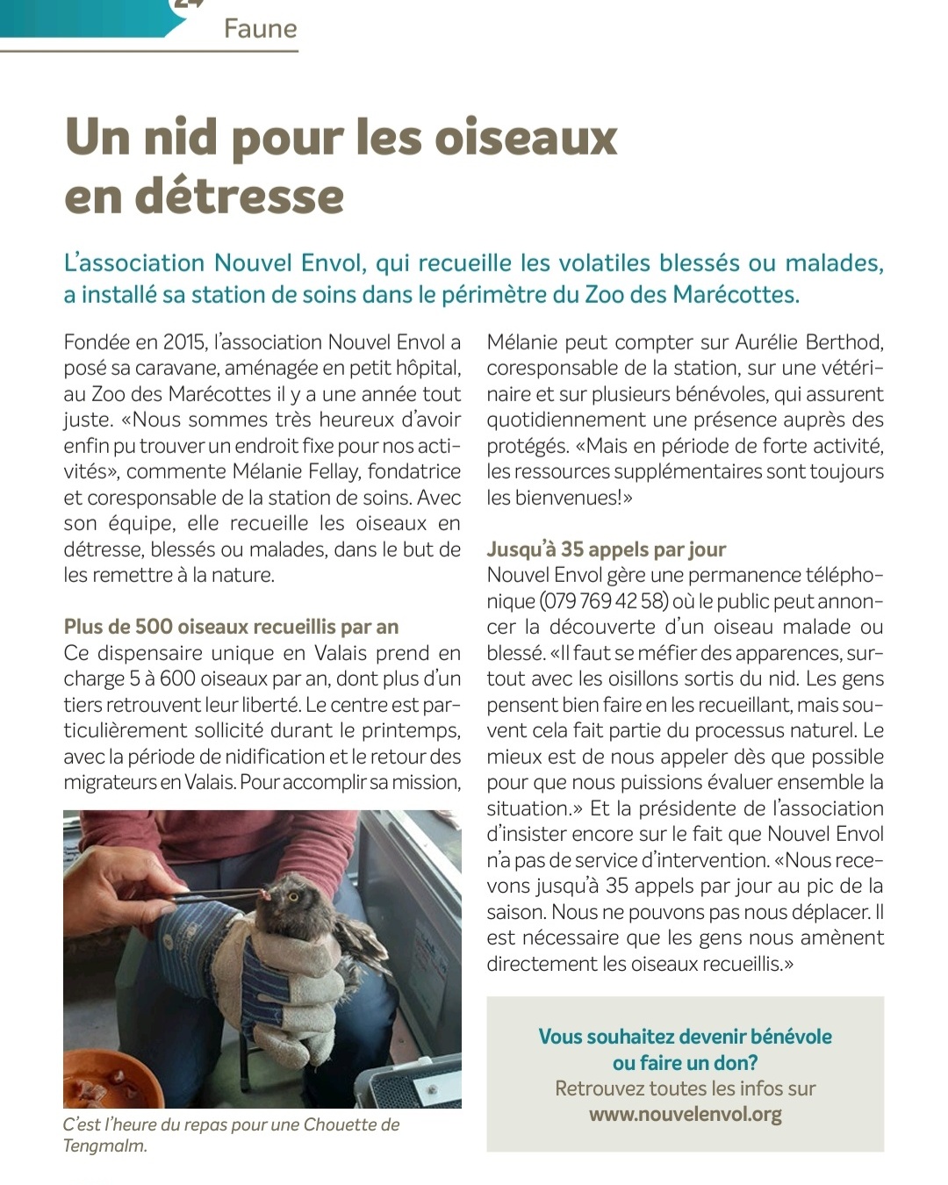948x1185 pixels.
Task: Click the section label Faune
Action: point(260,29)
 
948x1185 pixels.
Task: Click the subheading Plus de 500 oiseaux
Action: point(231,627)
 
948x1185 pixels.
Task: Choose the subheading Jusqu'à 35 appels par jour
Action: point(607,549)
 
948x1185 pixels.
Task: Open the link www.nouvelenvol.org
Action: point(685,1115)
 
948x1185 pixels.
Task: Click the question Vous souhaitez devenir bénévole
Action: point(685,1037)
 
